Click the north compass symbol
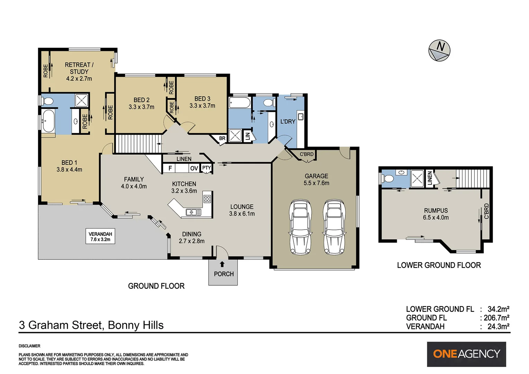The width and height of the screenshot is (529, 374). point(439,50)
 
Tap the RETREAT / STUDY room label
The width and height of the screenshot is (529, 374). point(79,71)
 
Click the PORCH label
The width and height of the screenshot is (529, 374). point(224,274)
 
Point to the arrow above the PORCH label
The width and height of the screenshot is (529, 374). point(222,264)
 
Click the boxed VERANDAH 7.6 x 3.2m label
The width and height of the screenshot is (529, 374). point(100,237)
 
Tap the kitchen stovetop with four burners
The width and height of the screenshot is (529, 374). point(207,199)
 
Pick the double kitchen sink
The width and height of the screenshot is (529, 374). point(193,212)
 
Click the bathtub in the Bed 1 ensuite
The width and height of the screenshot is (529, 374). point(48,121)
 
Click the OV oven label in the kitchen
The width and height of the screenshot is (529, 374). point(194,168)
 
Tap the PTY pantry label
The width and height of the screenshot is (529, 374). point(207,168)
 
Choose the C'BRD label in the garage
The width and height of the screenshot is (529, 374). point(306,154)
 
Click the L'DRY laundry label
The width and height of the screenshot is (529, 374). point(288,122)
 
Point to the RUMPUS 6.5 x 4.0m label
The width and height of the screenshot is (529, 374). point(436,214)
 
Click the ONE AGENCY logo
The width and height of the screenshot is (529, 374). point(466,354)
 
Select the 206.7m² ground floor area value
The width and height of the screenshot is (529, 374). point(496,318)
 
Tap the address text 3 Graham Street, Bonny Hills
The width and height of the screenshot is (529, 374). point(91,325)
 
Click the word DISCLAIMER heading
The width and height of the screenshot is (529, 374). point(29,346)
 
